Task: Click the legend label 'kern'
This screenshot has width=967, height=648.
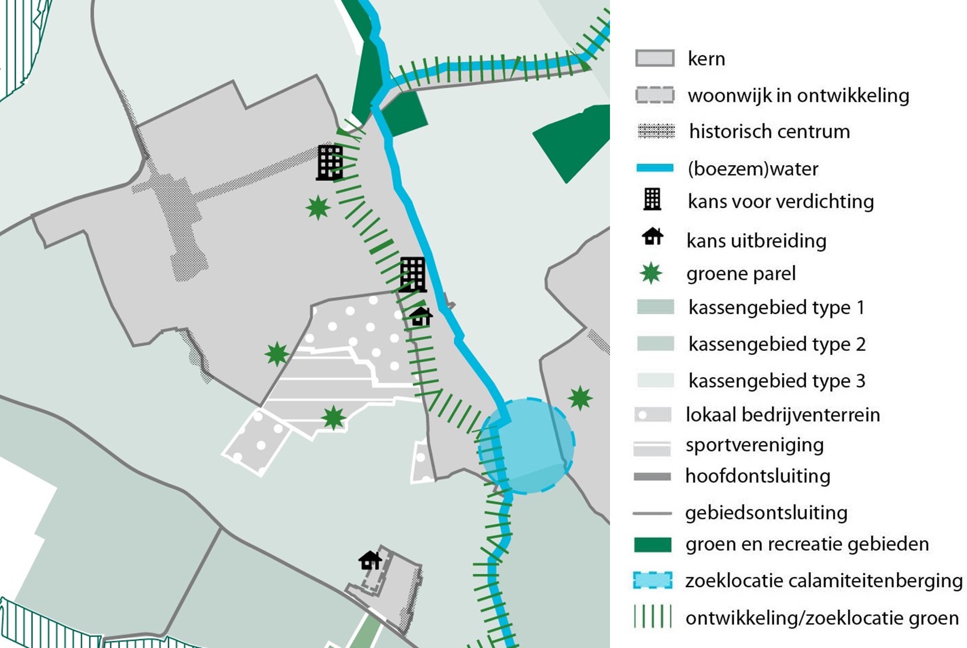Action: (x=706, y=59)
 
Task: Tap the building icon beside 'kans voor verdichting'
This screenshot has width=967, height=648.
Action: (x=652, y=199)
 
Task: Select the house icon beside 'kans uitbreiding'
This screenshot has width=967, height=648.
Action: (x=652, y=237)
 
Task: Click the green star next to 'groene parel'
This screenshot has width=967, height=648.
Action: (x=651, y=273)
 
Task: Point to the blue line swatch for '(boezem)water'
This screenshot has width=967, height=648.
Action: (x=655, y=168)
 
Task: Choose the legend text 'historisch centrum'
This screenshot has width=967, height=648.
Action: (x=769, y=132)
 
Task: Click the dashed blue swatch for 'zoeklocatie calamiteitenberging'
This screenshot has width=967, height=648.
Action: (x=653, y=580)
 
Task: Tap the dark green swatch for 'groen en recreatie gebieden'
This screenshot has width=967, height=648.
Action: (x=653, y=544)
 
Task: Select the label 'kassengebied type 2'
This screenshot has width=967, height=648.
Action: (x=777, y=344)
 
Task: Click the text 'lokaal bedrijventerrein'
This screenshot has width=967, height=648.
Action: (x=782, y=415)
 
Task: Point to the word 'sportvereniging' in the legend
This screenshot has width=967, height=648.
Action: (x=754, y=445)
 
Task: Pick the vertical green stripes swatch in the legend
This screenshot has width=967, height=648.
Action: (x=653, y=617)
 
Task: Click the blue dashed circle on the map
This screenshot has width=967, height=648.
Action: (x=527, y=446)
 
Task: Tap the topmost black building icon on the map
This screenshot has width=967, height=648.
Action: (x=330, y=162)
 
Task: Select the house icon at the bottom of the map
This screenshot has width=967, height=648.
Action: (x=370, y=560)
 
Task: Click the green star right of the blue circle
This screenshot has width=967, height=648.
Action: (x=580, y=398)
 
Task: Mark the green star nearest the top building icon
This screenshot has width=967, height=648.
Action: (x=318, y=208)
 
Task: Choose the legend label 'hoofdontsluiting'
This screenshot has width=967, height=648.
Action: (x=757, y=476)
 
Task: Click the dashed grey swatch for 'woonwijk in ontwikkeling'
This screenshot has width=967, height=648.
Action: (x=655, y=95)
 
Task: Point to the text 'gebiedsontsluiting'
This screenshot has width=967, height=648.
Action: (x=766, y=513)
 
